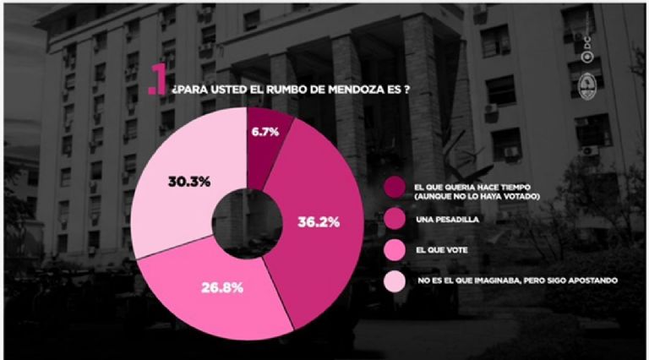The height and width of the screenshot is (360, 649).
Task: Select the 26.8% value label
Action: (222, 287)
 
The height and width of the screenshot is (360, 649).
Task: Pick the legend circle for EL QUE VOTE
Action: (395, 250)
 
